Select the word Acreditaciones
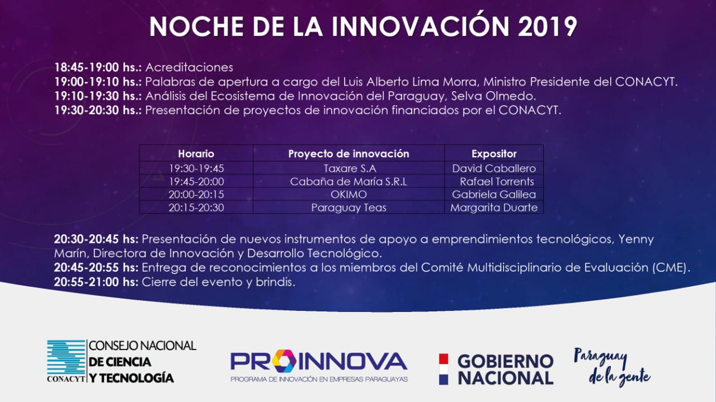pyautogui.click(x=189, y=68)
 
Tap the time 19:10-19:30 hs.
pyautogui.click(x=98, y=96)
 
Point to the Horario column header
pyautogui.click(x=196, y=154)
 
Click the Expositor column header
pyautogui.click(x=494, y=154)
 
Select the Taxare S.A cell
pyautogui.click(x=350, y=168)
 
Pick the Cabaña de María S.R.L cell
pyautogui.click(x=348, y=182)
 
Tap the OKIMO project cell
pyautogui.click(x=348, y=194)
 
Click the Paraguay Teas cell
pyautogui.click(x=348, y=208)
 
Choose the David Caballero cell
pyautogui.click(x=494, y=168)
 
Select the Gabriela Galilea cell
pyautogui.click(x=494, y=194)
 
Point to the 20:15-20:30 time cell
pyautogui.click(x=196, y=208)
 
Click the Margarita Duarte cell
pyautogui.click(x=494, y=208)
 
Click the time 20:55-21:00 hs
pyautogui.click(x=96, y=282)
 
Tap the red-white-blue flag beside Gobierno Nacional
pyautogui.click(x=444, y=369)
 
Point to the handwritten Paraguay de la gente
pyautogui.click(x=612, y=367)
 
